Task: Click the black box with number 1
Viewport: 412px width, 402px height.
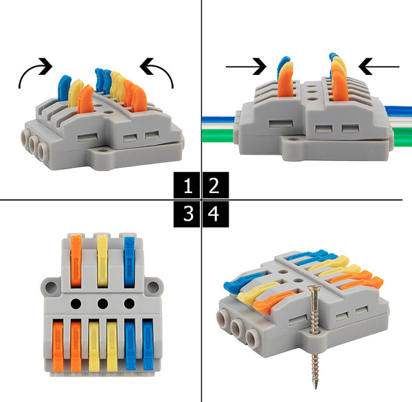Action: (x=187, y=185)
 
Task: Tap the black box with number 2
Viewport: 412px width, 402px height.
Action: (x=216, y=185)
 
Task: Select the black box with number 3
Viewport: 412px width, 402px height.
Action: (x=187, y=214)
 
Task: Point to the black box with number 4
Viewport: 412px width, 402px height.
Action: (x=216, y=214)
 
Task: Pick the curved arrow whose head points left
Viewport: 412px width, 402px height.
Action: (x=163, y=67)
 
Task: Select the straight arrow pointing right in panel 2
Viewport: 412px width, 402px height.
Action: (x=246, y=67)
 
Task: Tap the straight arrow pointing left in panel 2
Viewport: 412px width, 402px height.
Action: (x=379, y=67)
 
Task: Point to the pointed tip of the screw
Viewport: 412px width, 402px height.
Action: (x=315, y=388)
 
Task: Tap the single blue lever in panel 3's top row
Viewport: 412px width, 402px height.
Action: (x=129, y=262)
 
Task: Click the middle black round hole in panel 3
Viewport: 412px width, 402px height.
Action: (x=102, y=304)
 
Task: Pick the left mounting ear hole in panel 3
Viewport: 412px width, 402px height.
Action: (x=50, y=287)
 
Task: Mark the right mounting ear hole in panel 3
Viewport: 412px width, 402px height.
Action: (x=152, y=287)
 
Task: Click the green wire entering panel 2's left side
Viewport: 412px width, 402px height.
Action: (x=218, y=136)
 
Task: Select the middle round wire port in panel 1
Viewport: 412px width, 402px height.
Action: (x=34, y=144)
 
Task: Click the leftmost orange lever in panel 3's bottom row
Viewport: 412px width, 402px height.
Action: (x=58, y=345)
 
